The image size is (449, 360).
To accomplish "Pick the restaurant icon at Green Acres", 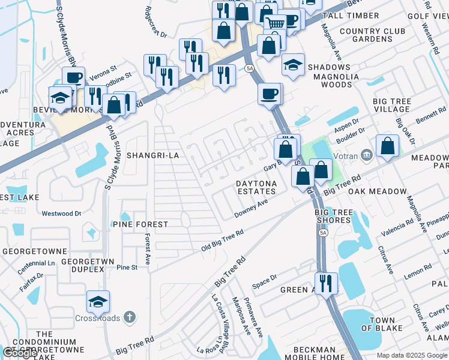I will (326, 283).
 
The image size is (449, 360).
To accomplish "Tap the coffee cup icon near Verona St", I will (74, 78).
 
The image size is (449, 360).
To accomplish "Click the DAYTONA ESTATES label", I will (256, 187).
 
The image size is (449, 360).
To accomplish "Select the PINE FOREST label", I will (140, 224).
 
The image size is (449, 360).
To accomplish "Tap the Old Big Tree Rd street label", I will (221, 241).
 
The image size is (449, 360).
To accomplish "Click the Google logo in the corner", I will (20, 353).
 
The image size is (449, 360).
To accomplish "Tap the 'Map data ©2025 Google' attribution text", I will (412, 355).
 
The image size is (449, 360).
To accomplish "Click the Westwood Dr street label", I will (61, 213).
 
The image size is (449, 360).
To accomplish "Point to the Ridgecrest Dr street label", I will (155, 22).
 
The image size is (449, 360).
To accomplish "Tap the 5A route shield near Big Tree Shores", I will (324, 233).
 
